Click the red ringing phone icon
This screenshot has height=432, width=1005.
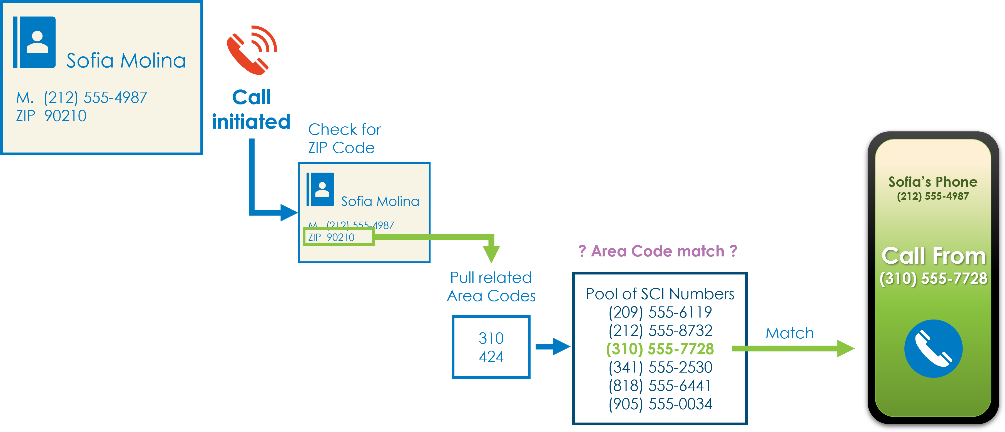252,50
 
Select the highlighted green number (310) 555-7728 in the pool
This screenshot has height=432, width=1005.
660,349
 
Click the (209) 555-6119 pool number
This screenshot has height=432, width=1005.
660,312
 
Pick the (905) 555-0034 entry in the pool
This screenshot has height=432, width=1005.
660,404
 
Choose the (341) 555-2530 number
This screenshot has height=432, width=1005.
660,367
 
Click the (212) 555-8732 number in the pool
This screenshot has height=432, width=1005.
660,331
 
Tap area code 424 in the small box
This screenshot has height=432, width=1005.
491,356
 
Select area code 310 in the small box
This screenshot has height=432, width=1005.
491,338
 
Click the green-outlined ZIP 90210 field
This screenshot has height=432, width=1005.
339,237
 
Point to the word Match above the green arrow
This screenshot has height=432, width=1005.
790,333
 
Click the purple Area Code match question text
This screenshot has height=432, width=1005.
658,251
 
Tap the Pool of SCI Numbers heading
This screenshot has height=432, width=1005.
660,294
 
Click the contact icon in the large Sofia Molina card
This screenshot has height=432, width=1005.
34,42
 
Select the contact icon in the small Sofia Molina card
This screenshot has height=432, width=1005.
320,189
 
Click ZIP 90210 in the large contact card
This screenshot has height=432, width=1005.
51,116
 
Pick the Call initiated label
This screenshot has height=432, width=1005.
251,109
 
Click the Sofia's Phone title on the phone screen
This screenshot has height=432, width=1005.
933,182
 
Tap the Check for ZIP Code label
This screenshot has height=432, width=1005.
344,138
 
